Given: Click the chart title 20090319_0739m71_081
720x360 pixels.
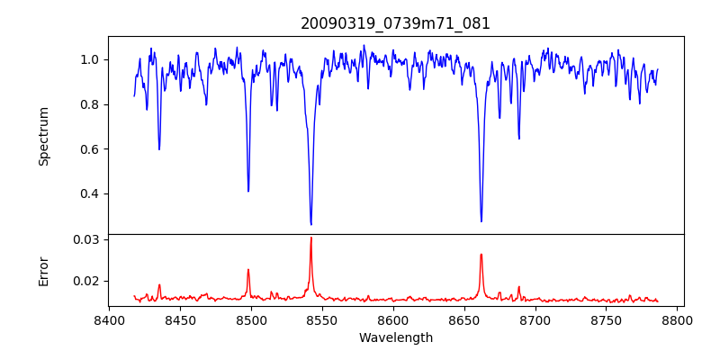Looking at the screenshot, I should click(x=395, y=23).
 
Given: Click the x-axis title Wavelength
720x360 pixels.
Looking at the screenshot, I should click(x=395, y=338).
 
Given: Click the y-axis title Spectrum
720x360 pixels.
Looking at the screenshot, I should click(x=43, y=136).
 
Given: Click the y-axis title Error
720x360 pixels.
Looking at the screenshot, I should click(x=43, y=271).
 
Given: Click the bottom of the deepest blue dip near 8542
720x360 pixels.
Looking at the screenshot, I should click(x=310, y=224).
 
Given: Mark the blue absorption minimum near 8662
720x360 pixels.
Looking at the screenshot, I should click(x=481, y=221).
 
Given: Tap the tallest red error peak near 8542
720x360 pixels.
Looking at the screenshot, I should click(x=310, y=238).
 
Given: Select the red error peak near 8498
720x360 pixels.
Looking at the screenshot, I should click(x=248, y=269).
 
